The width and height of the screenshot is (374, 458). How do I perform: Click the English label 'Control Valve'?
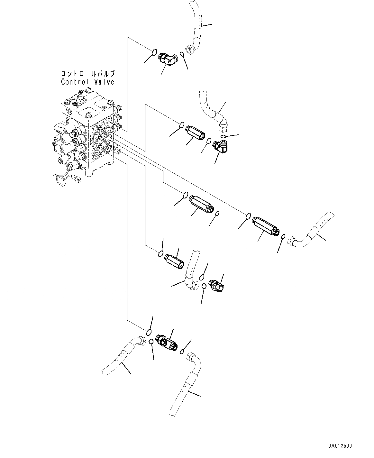point(88,82)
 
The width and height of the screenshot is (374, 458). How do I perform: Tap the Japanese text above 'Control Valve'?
point(88,74)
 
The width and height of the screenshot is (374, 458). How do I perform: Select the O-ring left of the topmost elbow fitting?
point(154,51)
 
